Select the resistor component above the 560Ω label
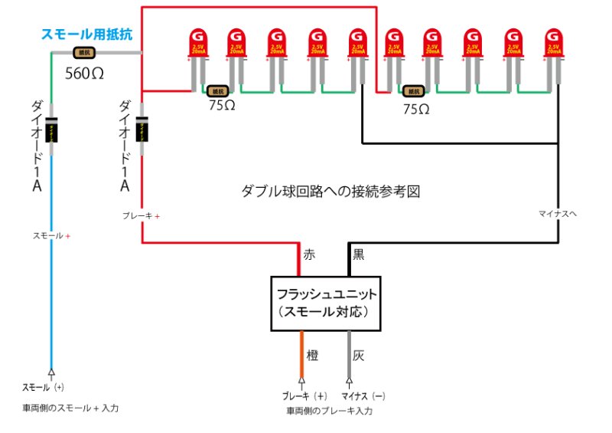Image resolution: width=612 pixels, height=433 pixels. (x=83, y=53)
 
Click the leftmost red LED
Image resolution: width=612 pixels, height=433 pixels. (x=199, y=44)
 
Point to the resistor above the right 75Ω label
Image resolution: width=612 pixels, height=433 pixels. (x=415, y=92)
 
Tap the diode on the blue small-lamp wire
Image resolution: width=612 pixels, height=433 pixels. (x=52, y=129)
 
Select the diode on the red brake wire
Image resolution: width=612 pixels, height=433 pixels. (x=142, y=129)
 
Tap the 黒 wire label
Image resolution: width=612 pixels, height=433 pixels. (x=359, y=254)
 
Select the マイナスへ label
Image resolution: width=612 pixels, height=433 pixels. (x=558, y=213)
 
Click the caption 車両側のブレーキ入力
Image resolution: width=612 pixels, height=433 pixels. (x=330, y=412)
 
